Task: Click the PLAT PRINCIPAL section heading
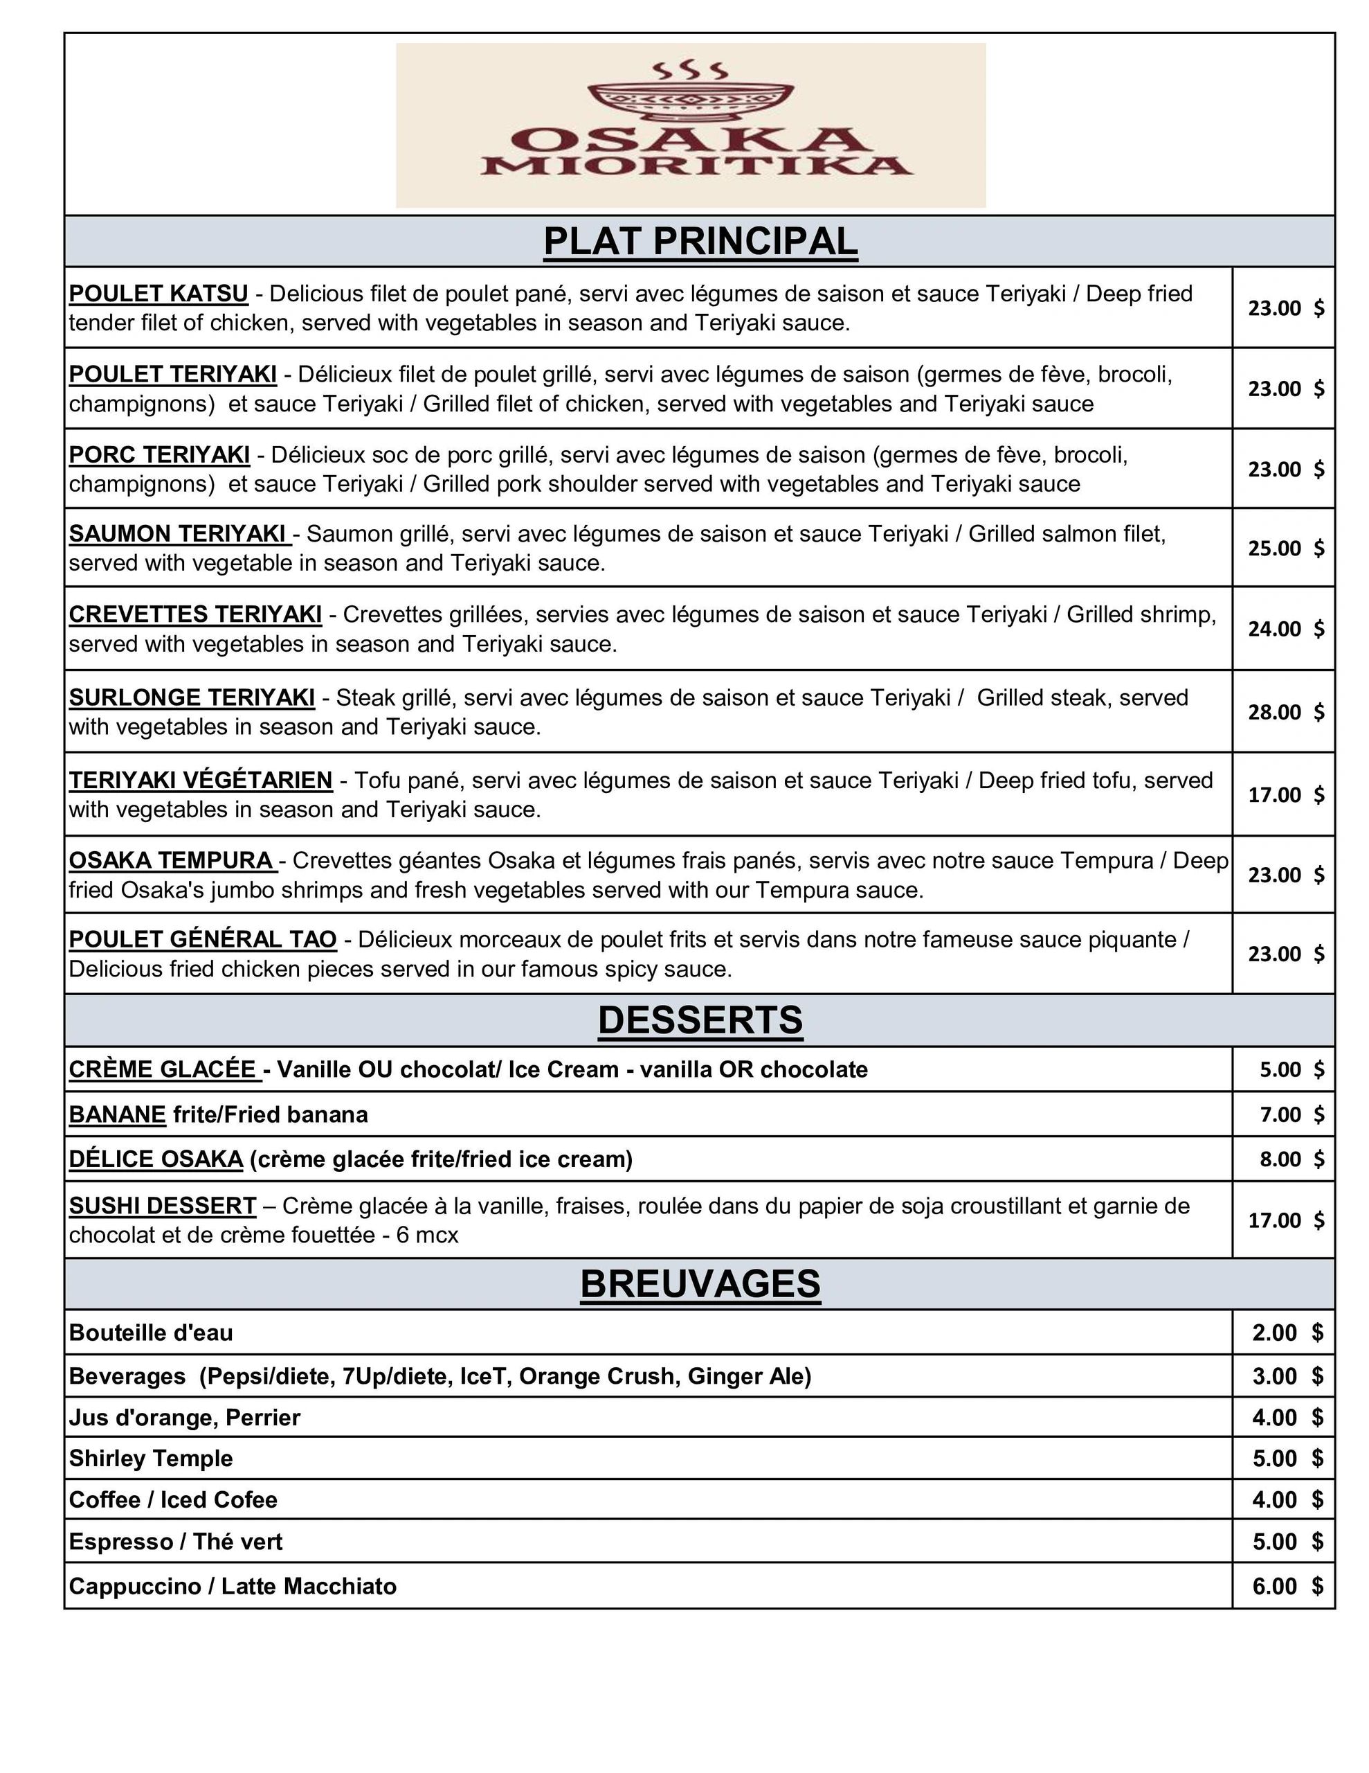(700, 241)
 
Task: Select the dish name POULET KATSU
(158, 293)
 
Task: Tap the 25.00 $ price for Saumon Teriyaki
(1285, 548)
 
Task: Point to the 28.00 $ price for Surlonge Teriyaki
(1285, 712)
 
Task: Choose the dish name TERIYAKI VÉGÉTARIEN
(201, 780)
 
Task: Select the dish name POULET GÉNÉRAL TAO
(202, 939)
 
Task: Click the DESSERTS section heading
(700, 1019)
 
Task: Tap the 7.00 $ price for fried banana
(1290, 1114)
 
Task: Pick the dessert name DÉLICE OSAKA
(156, 1159)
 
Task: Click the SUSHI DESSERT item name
(162, 1206)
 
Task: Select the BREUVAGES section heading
(700, 1284)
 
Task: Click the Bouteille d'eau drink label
(151, 1333)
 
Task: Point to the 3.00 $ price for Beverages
(1286, 1376)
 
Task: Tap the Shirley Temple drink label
(151, 1459)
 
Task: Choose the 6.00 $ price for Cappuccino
(1286, 1586)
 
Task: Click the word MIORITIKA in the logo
(696, 166)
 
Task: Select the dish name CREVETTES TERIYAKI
(194, 614)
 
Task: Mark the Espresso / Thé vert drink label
(175, 1542)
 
